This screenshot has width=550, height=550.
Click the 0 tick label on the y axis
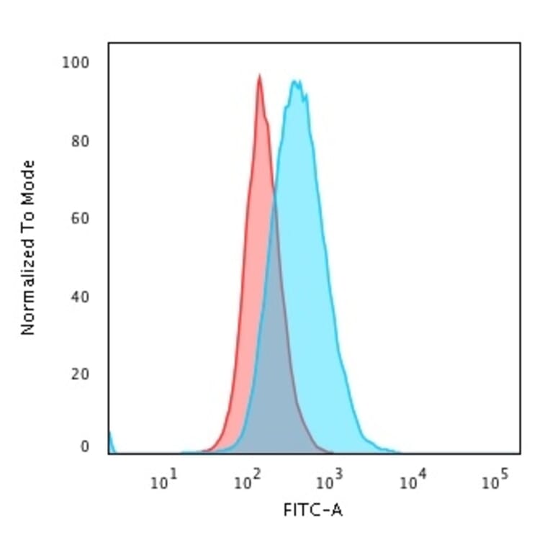[85, 447]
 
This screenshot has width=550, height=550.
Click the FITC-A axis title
[314, 511]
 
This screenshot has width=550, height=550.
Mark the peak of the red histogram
[259, 75]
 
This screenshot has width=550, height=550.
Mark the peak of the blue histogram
[295, 81]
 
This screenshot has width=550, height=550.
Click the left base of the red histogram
[205, 451]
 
